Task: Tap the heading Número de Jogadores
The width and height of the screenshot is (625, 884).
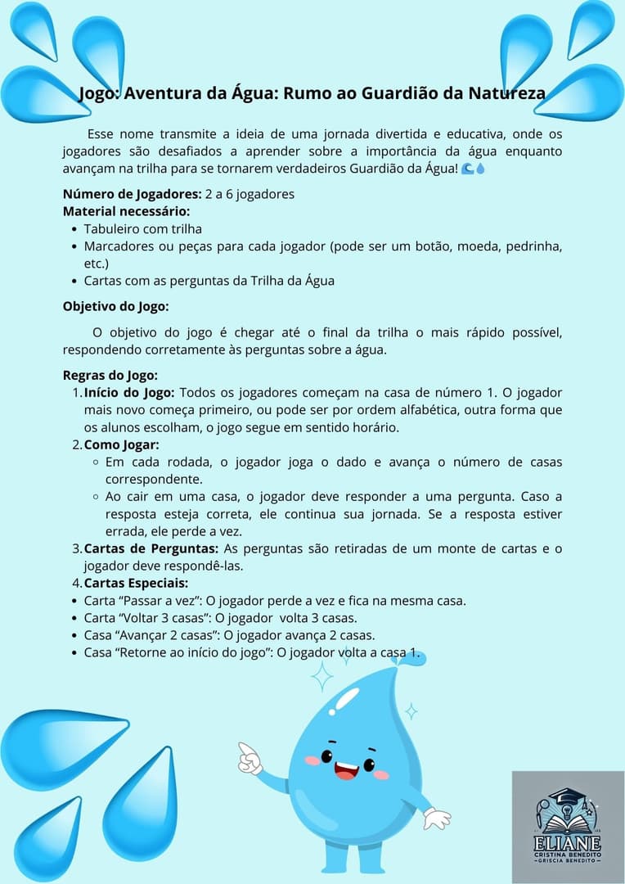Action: (131, 194)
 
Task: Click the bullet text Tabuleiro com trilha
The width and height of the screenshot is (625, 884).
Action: (142, 229)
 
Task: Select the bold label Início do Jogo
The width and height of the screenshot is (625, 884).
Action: (129, 393)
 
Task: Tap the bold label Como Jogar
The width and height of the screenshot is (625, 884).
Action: (121, 444)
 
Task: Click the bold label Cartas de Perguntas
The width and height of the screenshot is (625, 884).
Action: (151, 548)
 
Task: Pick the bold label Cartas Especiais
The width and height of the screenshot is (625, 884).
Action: (136, 583)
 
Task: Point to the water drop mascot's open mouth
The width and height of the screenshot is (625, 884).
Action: (345, 770)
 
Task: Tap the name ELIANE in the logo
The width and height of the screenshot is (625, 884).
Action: (567, 844)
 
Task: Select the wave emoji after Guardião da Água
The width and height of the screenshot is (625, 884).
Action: (467, 169)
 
